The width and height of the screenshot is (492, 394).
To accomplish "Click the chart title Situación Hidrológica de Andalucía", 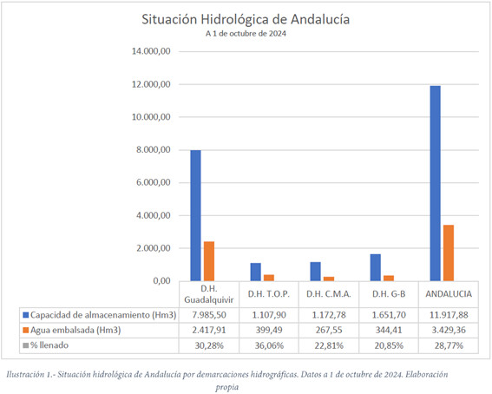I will [246, 19].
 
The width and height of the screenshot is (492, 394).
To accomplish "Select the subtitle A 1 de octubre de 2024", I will [246, 34].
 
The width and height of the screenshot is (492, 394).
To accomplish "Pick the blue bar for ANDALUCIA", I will [435, 183].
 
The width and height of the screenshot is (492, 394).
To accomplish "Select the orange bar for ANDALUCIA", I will [449, 253].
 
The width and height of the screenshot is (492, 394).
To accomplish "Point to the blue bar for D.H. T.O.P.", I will [256, 272].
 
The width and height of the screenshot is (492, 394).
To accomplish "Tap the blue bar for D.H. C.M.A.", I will [315, 271].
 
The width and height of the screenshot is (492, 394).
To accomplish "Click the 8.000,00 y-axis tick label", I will [157, 150].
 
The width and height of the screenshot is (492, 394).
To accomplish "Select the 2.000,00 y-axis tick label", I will [157, 248].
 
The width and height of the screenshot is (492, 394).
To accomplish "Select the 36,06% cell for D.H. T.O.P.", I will [267, 345].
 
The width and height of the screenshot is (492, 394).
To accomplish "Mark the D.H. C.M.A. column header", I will [327, 292].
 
